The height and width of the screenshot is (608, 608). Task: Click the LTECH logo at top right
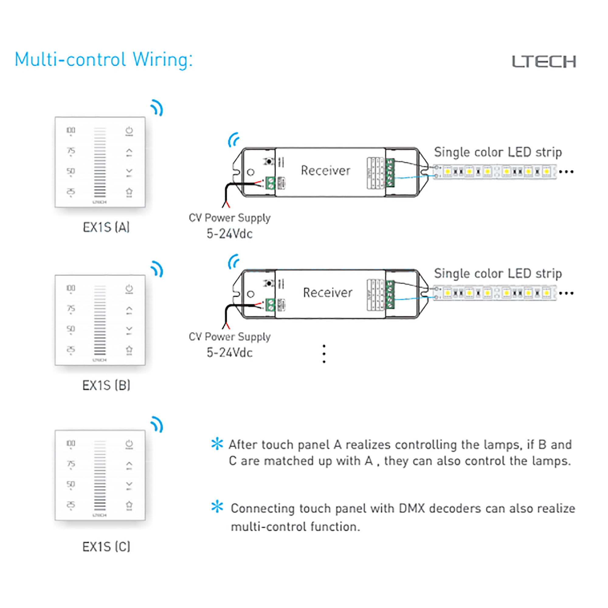coord(544,62)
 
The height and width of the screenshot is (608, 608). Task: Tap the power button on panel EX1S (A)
coord(129,131)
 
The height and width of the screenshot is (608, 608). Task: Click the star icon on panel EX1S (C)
coord(129,505)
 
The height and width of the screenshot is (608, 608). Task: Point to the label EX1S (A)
coord(106,227)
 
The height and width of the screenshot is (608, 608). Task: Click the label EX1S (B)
coord(106,385)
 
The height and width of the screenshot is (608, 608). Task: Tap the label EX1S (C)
coord(106,547)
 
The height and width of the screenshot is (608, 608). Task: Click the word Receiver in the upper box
coord(325,171)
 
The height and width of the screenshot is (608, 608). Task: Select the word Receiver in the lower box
coord(327,293)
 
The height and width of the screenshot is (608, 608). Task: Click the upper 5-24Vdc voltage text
coord(230,234)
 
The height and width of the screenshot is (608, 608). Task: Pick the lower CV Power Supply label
coord(230,337)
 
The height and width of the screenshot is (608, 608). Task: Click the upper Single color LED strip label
coord(498,152)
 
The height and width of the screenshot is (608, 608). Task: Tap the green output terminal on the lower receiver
coord(390,295)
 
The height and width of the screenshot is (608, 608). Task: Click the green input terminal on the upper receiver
coord(270,183)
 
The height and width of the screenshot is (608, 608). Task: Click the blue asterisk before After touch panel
coord(217,444)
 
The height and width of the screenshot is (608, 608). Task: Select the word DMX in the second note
coord(411,508)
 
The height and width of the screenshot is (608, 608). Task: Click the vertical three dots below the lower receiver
coord(324,354)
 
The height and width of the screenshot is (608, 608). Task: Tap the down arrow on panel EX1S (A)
coord(129,171)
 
